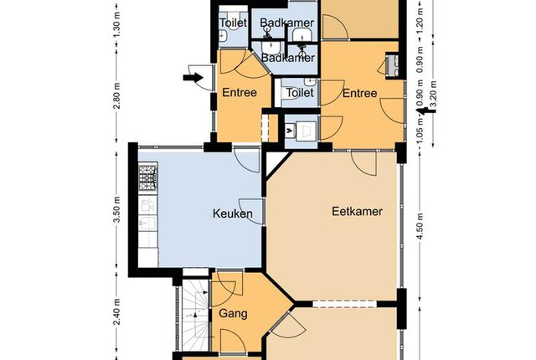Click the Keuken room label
pos(233,213)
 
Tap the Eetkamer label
pos(357,211)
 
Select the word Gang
pos(233,314)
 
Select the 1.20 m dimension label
pos(420,19)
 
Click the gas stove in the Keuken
pos(147,177)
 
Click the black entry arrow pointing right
pos(193,78)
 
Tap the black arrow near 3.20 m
pos(425,111)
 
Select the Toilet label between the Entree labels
pos(300,93)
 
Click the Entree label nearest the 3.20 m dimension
pos(359,93)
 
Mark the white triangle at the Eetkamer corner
pos(275,162)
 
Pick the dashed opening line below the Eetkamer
pos(344,304)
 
